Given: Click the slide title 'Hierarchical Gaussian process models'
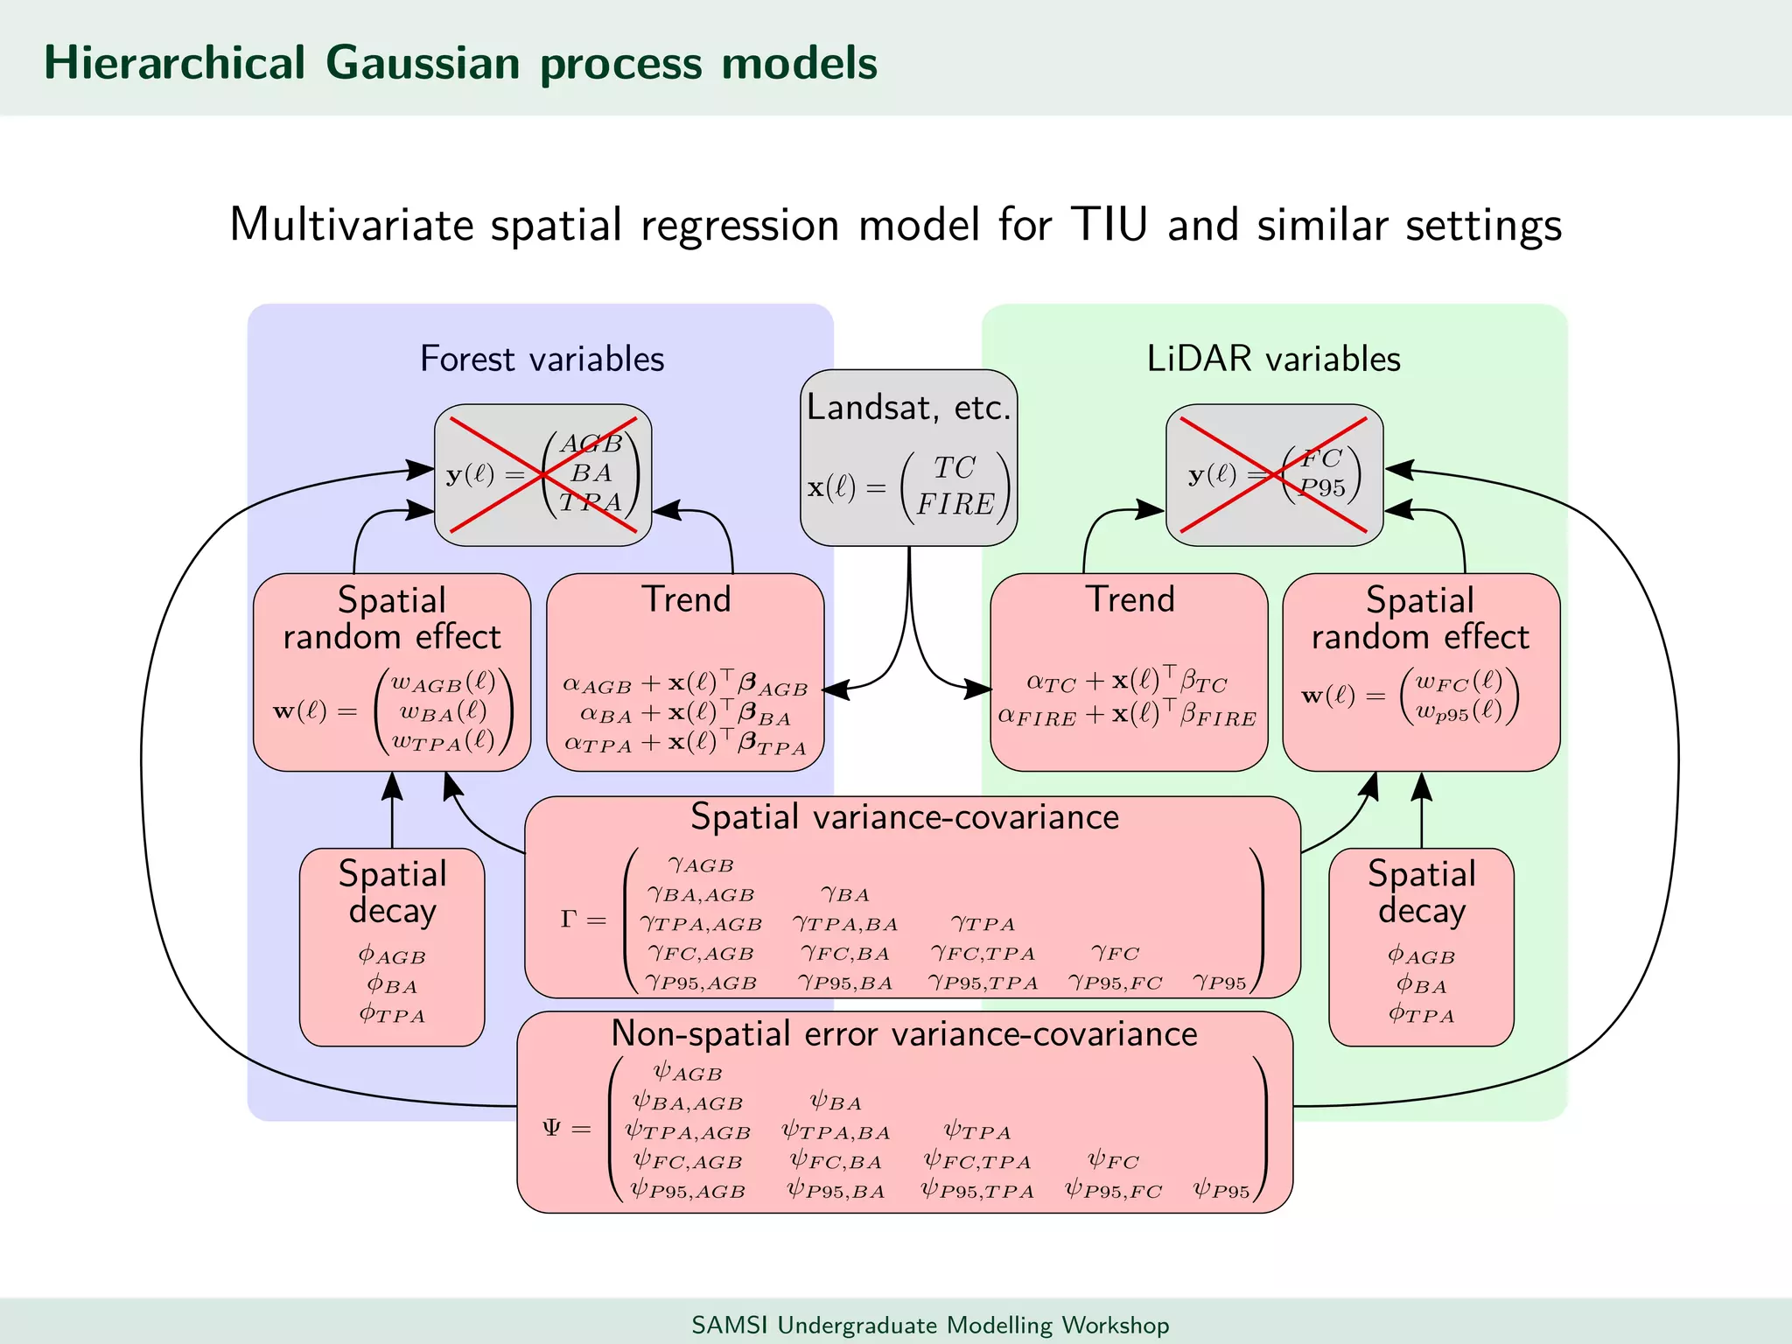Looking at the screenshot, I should pyautogui.click(x=460, y=63).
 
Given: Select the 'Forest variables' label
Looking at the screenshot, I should pyautogui.click(x=542, y=359).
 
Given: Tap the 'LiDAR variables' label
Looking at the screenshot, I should pyautogui.click(x=1273, y=359).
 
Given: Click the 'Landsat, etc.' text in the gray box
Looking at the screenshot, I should pyautogui.click(x=908, y=408).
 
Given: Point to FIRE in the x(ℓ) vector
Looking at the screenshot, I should pyautogui.click(x=955, y=505).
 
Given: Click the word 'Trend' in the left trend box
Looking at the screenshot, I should pyautogui.click(x=686, y=600).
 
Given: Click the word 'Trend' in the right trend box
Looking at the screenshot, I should pyautogui.click(x=1130, y=600).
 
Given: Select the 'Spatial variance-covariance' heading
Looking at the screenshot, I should pyautogui.click(x=905, y=817).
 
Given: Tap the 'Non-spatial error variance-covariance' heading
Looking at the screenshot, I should pyautogui.click(x=904, y=1034).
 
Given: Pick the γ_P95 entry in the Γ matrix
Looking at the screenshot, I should pyautogui.click(x=1220, y=983).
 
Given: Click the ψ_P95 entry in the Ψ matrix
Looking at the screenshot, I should pyautogui.click(x=1221, y=1191).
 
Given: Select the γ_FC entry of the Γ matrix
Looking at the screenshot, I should pyautogui.click(x=1115, y=953).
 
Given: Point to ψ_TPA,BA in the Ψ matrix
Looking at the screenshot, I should pyautogui.click(x=836, y=1132).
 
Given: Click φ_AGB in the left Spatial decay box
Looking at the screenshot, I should pyautogui.click(x=392, y=955).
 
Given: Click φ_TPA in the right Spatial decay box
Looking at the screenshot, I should pyautogui.click(x=1421, y=1014).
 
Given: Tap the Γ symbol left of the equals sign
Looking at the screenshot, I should pyautogui.click(x=569, y=919).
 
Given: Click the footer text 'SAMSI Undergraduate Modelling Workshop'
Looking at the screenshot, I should pyautogui.click(x=930, y=1325).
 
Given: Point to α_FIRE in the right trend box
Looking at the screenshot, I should pyautogui.click(x=1038, y=717).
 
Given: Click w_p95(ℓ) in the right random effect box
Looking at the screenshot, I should pyautogui.click(x=1459, y=711).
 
